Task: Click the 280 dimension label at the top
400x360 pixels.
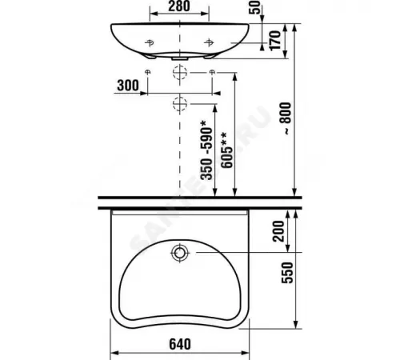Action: (179, 6)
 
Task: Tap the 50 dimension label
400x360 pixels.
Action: (254, 7)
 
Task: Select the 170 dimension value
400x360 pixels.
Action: (275, 41)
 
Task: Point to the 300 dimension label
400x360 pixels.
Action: (128, 86)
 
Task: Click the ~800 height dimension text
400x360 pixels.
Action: (286, 118)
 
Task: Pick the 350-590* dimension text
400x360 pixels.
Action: (206, 150)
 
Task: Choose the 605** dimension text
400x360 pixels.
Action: (227, 150)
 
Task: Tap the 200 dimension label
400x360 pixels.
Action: (278, 231)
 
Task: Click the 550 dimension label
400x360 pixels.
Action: (287, 273)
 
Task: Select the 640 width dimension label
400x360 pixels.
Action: (180, 344)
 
